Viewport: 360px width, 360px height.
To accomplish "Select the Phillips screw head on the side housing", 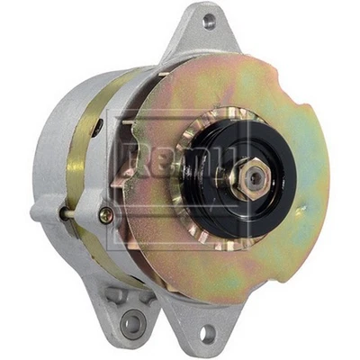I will [x=106, y=214].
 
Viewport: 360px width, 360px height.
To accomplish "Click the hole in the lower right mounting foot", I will [x=209, y=333].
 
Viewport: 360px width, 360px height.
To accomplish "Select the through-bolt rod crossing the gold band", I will [x=81, y=212].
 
